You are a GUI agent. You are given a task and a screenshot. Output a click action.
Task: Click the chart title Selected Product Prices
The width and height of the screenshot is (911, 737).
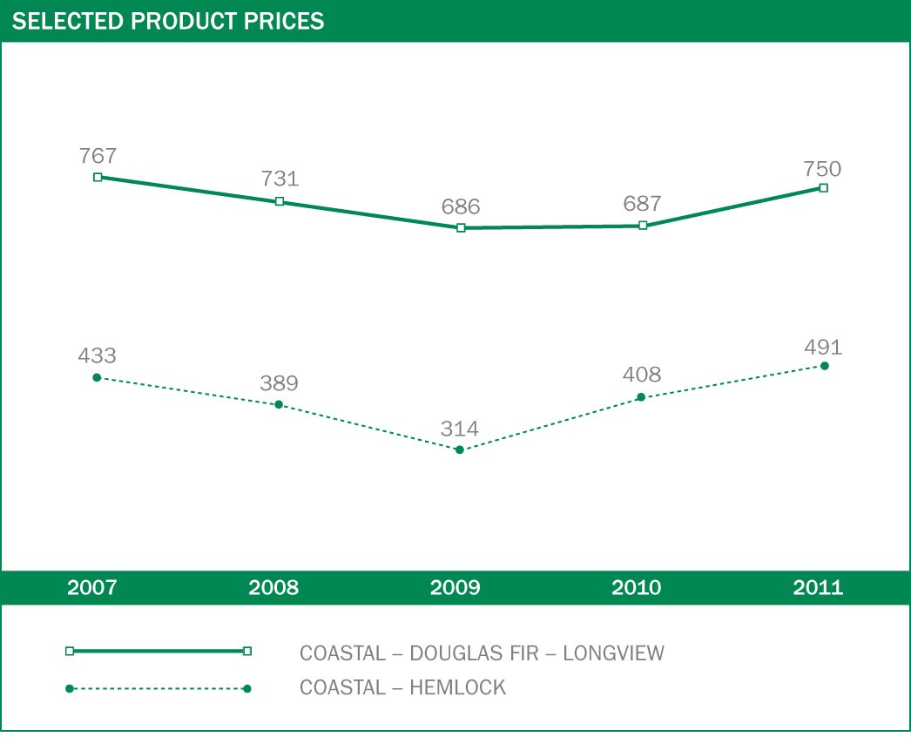point(168,22)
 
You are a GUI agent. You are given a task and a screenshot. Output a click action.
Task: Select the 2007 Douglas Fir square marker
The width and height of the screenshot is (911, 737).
point(98,177)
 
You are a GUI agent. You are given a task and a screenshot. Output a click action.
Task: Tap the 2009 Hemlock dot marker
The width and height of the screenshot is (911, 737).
point(460,450)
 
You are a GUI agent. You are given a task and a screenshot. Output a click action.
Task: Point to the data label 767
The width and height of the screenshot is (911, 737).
point(98,157)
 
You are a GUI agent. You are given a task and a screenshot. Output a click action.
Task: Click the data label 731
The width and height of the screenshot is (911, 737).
point(280,179)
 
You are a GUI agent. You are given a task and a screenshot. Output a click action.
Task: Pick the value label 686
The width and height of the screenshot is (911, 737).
point(461,207)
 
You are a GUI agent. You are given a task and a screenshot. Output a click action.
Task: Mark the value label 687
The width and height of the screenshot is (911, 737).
point(643,204)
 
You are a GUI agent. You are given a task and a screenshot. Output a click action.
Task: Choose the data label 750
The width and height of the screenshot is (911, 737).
point(823,169)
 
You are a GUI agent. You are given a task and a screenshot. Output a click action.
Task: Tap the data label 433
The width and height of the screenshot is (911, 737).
point(98,356)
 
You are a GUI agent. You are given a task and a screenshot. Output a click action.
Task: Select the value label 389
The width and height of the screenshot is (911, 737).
point(279,384)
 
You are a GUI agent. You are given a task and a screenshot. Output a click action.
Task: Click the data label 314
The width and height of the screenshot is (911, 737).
point(460,429)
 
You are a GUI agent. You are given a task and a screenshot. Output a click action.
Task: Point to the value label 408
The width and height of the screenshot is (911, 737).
point(643,375)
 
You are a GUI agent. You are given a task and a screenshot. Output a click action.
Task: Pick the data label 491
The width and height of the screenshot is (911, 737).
point(823,348)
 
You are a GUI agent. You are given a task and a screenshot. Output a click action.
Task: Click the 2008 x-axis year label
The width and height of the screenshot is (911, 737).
point(273,588)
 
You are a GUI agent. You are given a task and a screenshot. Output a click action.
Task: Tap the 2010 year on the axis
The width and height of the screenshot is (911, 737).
point(637,588)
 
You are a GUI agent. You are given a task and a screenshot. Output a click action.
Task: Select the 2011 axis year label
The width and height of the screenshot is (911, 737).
point(818,588)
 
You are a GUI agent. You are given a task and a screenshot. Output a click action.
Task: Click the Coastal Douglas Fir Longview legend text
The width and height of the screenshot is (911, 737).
point(482,652)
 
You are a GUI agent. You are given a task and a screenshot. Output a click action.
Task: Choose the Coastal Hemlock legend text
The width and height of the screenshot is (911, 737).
point(402,687)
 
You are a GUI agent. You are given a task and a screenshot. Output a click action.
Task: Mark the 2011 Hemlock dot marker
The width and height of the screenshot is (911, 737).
point(824,366)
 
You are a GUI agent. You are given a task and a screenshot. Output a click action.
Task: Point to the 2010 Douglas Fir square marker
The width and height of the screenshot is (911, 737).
point(643,226)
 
